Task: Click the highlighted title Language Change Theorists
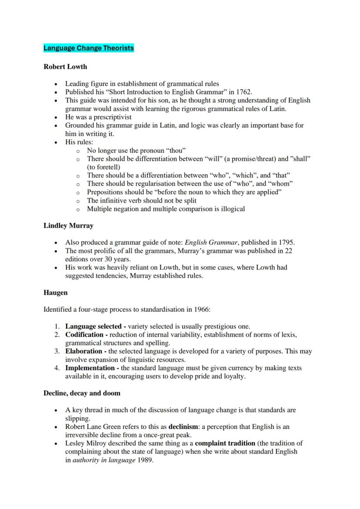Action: click(x=89, y=48)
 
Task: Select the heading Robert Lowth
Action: click(x=65, y=67)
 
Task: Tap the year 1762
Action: click(x=243, y=92)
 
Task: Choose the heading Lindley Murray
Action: click(x=68, y=226)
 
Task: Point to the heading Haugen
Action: click(x=56, y=293)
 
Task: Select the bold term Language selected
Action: click(x=93, y=326)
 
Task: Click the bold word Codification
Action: click(x=85, y=335)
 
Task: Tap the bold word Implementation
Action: click(x=90, y=368)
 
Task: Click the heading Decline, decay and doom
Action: click(x=82, y=393)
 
